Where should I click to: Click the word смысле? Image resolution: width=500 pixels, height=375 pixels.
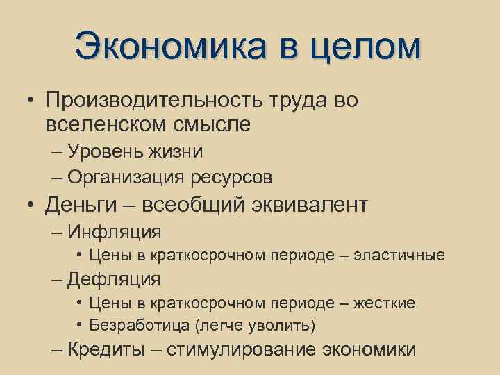point(215,125)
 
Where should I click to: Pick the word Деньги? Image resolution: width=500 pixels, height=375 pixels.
point(83,206)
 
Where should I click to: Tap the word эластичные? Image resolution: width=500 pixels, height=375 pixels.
point(399,256)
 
